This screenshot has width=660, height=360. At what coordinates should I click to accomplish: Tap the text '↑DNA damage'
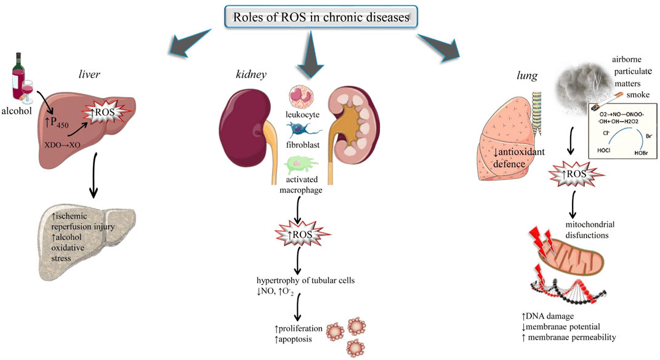[547, 316]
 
